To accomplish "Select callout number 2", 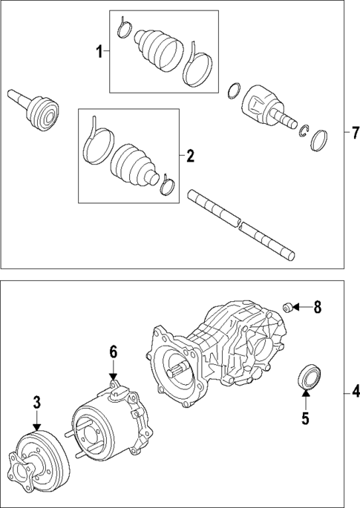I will [190, 156].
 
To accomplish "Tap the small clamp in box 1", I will [124, 30].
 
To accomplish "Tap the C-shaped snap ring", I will [304, 131].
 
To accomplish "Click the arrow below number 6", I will [114, 373].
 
